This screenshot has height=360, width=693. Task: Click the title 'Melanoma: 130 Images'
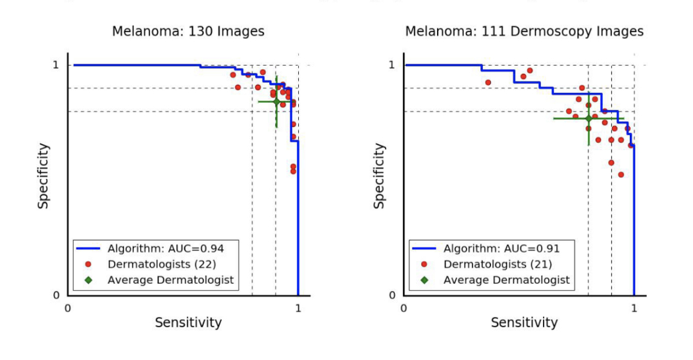pos(188,32)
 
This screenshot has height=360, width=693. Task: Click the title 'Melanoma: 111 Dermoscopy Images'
pos(524,32)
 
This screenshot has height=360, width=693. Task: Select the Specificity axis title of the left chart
pos(43,176)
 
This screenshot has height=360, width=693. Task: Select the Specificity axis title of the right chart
pos(380,176)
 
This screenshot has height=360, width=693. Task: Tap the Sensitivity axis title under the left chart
pos(188,322)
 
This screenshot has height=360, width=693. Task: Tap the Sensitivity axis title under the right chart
pos(524,322)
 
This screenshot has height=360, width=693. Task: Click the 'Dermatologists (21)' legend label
pos(498,264)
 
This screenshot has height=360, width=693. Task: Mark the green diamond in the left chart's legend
pos(88,280)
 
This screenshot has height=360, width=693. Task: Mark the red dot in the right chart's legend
pos(424,264)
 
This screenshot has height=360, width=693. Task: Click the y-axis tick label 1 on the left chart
pos(56,65)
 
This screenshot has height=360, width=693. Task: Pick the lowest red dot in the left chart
pos(293,171)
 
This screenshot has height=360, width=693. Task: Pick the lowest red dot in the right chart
pos(621,174)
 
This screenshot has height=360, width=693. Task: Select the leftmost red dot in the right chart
pos(488,82)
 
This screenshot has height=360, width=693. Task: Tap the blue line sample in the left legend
pos(88,248)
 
